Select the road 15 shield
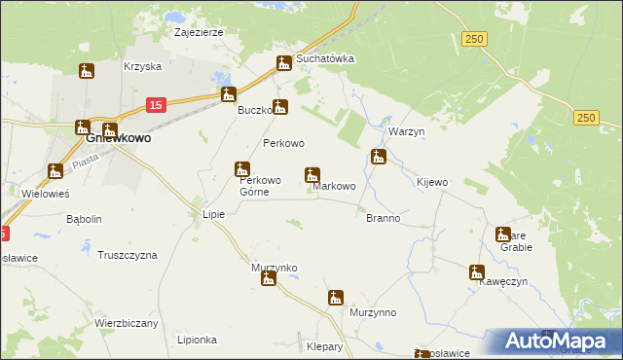157,104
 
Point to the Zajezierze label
199,32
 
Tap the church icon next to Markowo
312,175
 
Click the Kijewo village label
431,183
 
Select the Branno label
383,218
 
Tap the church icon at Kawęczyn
476,272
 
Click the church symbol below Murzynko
268,279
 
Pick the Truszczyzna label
128,255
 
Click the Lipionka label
197,340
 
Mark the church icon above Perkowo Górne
242,169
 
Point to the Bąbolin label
84,219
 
